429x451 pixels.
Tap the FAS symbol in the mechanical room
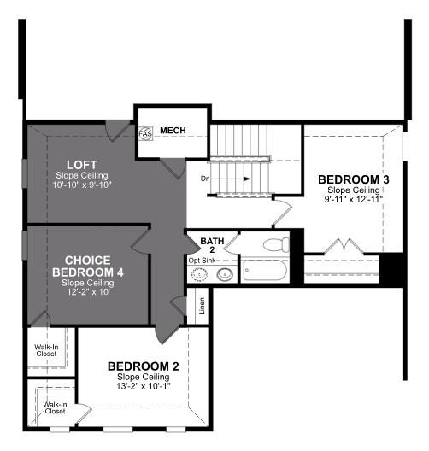tap(144, 134)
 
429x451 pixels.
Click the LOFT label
tap(81, 164)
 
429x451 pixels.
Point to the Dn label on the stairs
tap(206, 179)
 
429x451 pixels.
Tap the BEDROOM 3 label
tap(354, 179)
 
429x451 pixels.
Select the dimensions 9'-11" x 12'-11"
tap(354, 199)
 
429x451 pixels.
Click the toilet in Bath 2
tap(275, 245)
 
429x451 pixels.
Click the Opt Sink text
tap(203, 260)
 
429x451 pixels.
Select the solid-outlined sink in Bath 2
tap(225, 275)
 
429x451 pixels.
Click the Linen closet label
tap(201, 305)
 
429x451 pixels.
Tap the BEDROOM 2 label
tap(143, 366)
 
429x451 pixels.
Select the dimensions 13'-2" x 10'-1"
tap(143, 385)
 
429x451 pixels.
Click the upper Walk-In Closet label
tap(45, 348)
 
